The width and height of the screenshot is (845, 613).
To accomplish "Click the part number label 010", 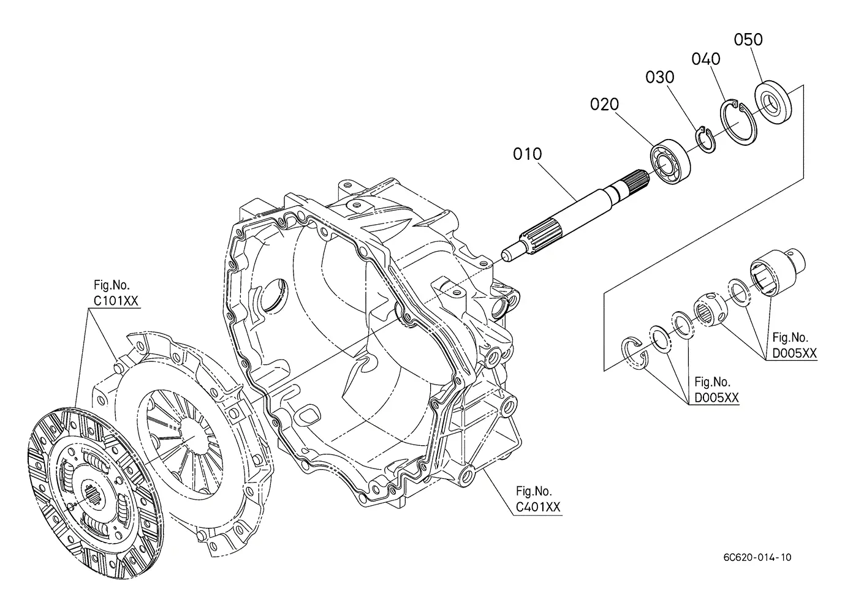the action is pos(527,154).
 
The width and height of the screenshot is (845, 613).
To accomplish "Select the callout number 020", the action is pos(604,105).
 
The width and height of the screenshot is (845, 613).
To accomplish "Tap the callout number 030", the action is pos(659,77).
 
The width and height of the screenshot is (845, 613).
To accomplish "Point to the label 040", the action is pos(706,59).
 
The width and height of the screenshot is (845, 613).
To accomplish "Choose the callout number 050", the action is pos(748,39).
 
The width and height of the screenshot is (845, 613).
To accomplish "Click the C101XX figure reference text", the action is pos(116,301).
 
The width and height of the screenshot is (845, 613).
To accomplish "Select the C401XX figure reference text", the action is pos(538,507).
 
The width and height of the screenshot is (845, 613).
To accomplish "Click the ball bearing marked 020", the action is pos(670,161).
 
